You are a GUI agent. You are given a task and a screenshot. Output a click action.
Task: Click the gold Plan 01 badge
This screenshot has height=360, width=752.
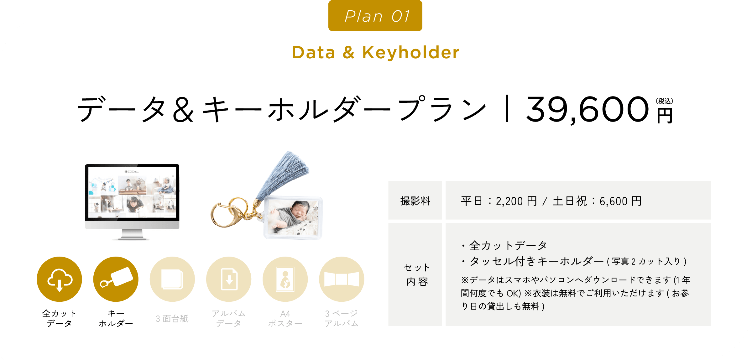point(375,16)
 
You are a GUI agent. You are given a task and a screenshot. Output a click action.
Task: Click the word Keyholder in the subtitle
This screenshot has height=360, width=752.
point(411,52)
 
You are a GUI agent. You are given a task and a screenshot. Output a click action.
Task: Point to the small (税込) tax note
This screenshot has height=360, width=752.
point(664,101)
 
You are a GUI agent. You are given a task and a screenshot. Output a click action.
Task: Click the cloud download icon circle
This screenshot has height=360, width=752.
point(60,279)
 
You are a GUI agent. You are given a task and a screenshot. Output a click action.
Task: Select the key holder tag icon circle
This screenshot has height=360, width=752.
point(116,279)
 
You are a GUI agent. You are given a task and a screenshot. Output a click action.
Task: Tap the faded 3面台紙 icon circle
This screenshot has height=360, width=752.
point(172,279)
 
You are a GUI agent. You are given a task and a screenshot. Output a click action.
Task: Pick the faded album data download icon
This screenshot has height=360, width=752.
point(229,279)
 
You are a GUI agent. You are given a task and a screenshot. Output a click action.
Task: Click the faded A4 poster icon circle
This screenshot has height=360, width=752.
point(285,279)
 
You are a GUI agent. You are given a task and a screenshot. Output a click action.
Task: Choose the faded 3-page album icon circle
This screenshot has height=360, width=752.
point(342,279)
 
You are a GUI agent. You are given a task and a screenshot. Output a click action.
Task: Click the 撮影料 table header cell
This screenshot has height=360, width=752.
point(415,201)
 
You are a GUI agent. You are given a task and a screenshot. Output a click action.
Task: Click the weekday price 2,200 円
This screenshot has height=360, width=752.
point(516,201)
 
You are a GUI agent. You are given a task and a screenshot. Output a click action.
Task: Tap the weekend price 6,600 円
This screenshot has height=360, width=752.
point(620,201)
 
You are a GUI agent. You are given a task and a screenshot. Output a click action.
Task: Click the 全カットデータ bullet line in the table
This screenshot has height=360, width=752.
point(504,246)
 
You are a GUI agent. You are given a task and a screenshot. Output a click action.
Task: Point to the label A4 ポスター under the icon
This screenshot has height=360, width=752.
point(285,318)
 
